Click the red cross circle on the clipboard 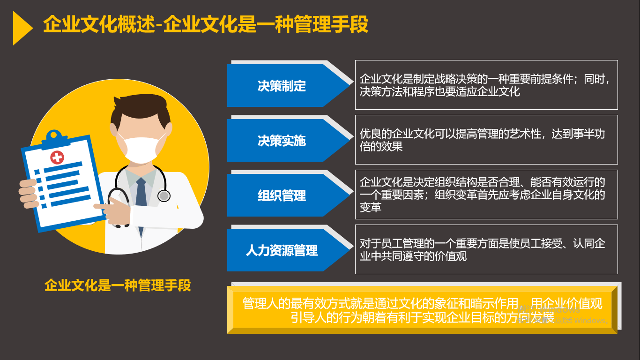coord(57,157)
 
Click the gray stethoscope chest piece coord(164,196)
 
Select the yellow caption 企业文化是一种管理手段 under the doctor coord(118,285)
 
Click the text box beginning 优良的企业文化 coord(486,140)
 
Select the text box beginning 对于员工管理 coord(486,249)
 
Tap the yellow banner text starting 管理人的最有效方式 coord(422,310)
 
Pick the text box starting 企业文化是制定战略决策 coord(486,85)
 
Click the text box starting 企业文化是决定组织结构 coord(486,195)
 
